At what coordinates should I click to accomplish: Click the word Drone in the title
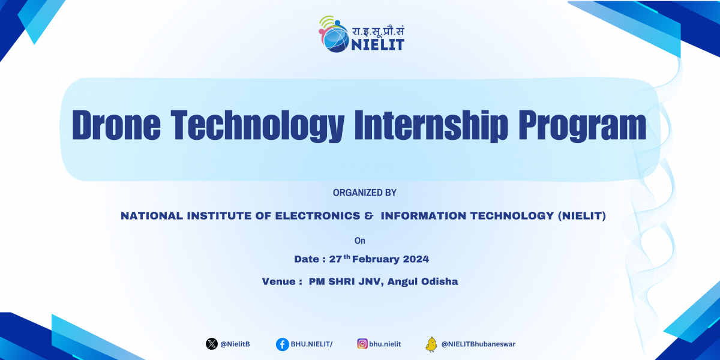point(116,125)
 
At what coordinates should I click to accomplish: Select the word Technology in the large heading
point(257,125)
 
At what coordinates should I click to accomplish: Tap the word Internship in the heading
point(431,125)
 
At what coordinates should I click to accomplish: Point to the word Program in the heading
point(582,125)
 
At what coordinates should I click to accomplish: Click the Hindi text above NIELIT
point(378,31)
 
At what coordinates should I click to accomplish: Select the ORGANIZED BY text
point(365,193)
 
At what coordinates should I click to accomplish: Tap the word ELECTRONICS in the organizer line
point(317,215)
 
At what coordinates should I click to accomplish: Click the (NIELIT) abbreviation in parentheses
point(582,215)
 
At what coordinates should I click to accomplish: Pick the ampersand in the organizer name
point(368,215)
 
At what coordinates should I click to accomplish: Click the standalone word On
point(359,241)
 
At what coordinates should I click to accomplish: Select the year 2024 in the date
point(416,259)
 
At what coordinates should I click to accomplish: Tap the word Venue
point(278,281)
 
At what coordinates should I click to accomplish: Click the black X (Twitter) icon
point(211,344)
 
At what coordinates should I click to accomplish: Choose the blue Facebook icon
point(282,344)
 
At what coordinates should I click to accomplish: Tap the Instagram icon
point(362,344)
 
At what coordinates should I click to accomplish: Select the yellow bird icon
point(431,344)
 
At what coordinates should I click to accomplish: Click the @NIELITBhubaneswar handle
point(478,344)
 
